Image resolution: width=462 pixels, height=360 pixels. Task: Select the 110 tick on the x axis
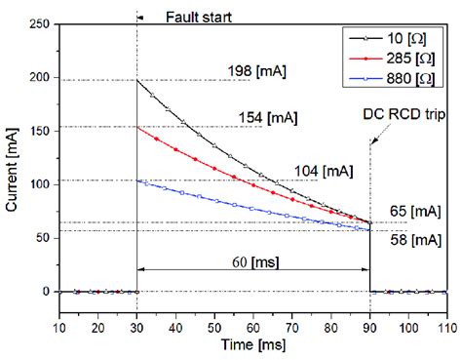(x=447, y=331)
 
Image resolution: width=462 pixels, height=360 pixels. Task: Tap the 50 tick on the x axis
(x=214, y=331)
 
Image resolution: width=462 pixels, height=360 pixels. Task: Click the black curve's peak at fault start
(x=137, y=80)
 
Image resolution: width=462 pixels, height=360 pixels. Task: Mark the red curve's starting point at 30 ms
(x=137, y=128)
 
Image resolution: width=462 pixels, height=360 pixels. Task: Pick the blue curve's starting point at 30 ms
(x=137, y=180)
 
